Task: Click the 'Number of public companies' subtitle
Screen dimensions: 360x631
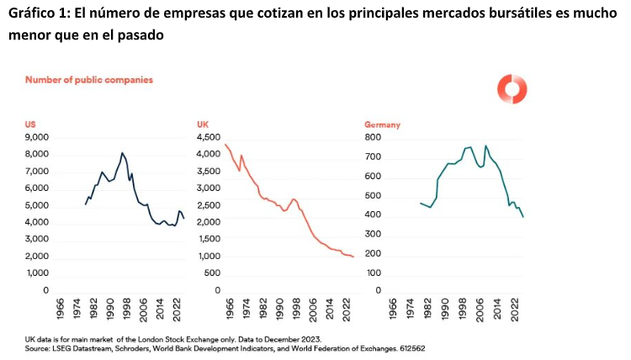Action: pyautogui.click(x=88, y=80)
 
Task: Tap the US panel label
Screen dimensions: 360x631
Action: pyautogui.click(x=30, y=124)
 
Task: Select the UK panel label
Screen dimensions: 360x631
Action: pyautogui.click(x=203, y=124)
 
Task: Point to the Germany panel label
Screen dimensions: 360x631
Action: pyautogui.click(x=382, y=124)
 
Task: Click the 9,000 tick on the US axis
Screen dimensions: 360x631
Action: pyautogui.click(x=37, y=137)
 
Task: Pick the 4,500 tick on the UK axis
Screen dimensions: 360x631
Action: pyautogui.click(x=209, y=137)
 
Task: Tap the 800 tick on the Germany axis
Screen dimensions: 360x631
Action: pyautogui.click(x=374, y=137)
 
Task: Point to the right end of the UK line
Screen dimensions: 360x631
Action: pyautogui.click(x=353, y=257)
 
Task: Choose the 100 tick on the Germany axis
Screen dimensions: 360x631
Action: pyautogui.click(x=374, y=273)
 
